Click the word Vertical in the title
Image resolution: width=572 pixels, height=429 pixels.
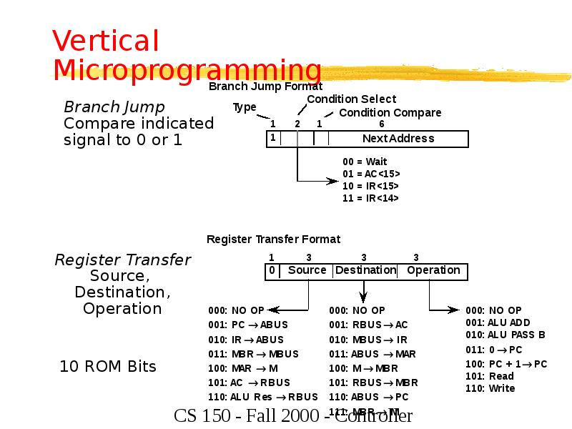pyautogui.click(x=106, y=41)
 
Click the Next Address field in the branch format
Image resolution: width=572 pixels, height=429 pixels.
pyautogui.click(x=398, y=138)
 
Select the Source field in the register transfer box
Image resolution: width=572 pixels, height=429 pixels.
pyautogui.click(x=307, y=270)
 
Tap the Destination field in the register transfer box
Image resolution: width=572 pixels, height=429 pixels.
pyautogui.click(x=365, y=270)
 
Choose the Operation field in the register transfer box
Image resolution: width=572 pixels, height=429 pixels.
pyautogui.click(x=433, y=270)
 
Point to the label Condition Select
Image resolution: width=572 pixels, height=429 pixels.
pyautogui.click(x=351, y=99)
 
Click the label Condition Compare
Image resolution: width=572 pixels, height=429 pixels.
pyautogui.click(x=390, y=112)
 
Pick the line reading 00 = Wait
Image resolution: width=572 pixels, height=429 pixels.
pyautogui.click(x=365, y=162)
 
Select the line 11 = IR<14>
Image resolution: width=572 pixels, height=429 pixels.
pyautogui.click(x=370, y=198)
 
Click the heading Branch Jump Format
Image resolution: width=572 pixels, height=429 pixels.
pyautogui.click(x=265, y=87)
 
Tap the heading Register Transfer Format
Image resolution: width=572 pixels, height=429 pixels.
pyautogui.click(x=273, y=239)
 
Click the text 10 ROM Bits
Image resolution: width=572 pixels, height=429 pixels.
pyautogui.click(x=107, y=367)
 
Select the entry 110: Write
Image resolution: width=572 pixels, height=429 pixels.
pyautogui.click(x=490, y=388)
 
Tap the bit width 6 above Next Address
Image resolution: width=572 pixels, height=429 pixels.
pyautogui.click(x=381, y=123)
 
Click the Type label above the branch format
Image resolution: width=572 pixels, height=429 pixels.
pyautogui.click(x=245, y=107)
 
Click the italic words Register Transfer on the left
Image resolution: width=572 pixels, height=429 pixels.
pyautogui.click(x=123, y=260)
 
